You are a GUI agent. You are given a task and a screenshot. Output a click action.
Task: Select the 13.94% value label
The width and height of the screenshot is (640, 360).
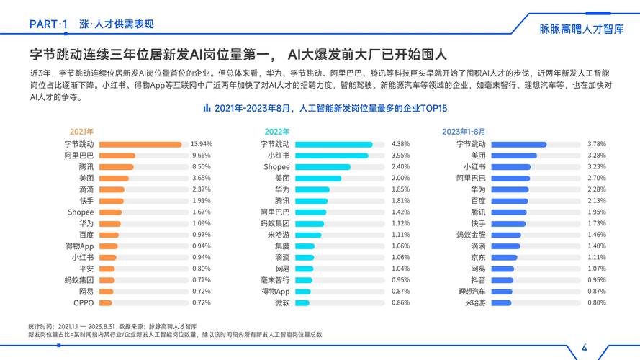click(202, 144)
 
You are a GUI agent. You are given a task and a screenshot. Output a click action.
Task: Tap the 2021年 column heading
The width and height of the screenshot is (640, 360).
click(81, 132)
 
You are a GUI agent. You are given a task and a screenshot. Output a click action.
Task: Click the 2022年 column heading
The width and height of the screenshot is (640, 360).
click(277, 132)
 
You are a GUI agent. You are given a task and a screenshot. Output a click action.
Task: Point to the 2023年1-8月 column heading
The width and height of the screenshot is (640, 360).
click(464, 132)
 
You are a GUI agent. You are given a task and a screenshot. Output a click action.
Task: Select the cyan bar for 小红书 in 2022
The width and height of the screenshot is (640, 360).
click(331, 156)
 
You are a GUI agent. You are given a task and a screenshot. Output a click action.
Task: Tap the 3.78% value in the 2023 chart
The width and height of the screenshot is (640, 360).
click(598, 144)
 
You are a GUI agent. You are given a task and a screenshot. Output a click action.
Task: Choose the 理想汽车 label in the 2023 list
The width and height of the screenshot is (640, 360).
click(472, 292)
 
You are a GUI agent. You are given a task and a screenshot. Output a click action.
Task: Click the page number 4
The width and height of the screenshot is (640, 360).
click(584, 348)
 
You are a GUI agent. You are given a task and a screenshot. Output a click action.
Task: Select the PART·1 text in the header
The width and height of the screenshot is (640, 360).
click(48, 24)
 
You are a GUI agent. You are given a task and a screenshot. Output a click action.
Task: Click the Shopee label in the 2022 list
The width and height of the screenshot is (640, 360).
click(276, 167)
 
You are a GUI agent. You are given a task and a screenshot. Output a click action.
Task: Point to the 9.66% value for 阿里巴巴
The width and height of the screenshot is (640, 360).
click(202, 156)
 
